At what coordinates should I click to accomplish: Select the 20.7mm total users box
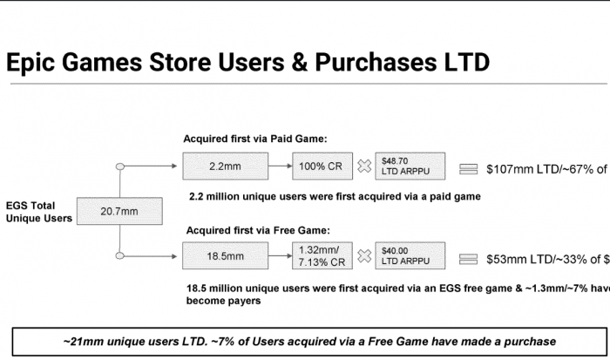[x=119, y=211]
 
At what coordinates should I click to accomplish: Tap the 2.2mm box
[x=225, y=166]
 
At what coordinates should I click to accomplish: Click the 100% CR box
[x=322, y=166]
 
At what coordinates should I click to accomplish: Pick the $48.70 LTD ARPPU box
[x=410, y=166]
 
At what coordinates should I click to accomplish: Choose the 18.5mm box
[x=225, y=255]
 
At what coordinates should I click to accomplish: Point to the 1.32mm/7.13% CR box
[x=322, y=255]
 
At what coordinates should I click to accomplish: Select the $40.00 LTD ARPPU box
[x=410, y=255]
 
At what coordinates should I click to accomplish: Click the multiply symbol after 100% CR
[x=364, y=166]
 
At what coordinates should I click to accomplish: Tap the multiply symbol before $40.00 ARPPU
[x=364, y=255]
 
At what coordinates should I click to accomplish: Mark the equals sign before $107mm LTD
[x=469, y=169]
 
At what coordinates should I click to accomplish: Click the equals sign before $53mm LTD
[x=469, y=259]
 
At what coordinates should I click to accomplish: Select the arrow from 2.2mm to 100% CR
[x=280, y=166]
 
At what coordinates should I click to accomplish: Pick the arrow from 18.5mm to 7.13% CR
[x=280, y=255]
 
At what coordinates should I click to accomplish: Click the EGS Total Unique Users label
[x=39, y=212]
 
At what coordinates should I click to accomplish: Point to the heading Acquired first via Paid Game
[x=255, y=139]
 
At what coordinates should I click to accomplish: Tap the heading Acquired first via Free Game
[x=258, y=230]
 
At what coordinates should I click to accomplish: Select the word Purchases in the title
[x=376, y=62]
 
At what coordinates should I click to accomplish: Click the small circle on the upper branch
[x=120, y=166]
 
